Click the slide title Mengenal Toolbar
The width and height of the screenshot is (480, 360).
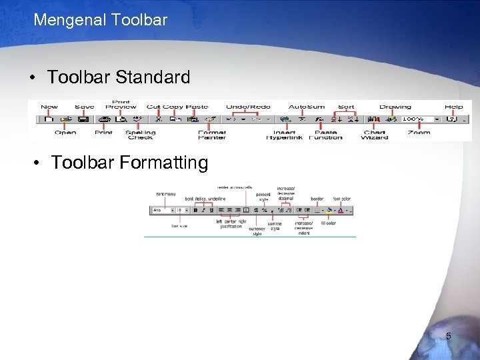tap(100, 20)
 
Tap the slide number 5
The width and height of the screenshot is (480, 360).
tap(448, 337)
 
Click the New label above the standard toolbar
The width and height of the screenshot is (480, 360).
tap(49, 107)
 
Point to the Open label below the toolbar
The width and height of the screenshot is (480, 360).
tap(65, 133)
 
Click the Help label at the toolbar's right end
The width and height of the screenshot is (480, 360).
tap(454, 107)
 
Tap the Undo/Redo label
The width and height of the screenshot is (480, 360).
tap(248, 107)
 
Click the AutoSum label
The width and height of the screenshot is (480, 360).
tap(306, 107)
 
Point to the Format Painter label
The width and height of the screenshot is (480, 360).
tap(212, 135)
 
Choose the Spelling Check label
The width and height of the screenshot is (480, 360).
tap(141, 135)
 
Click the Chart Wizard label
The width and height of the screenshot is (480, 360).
tap(375, 135)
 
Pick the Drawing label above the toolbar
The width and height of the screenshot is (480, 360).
tap(395, 107)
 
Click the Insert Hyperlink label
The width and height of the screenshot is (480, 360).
tap(284, 135)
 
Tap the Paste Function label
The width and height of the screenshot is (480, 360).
tap(326, 135)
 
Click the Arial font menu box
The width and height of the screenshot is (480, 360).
tap(161, 210)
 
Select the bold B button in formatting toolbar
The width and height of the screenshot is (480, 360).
tap(195, 210)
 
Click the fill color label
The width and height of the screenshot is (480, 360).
tap(329, 223)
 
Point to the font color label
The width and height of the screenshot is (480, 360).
tap(342, 199)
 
